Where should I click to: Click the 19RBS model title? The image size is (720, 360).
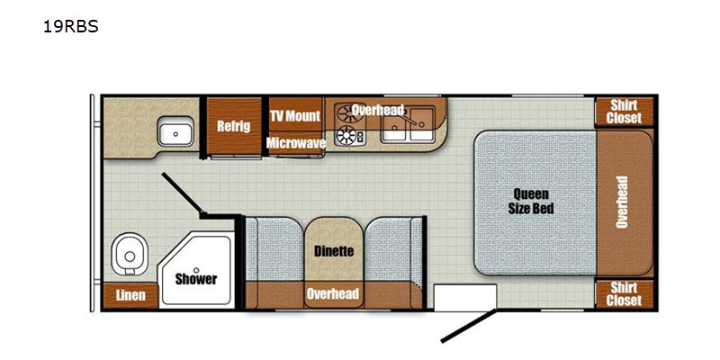pyautogui.click(x=71, y=27)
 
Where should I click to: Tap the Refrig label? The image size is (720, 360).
pyautogui.click(x=234, y=126)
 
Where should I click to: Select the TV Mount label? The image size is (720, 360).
pyautogui.click(x=295, y=116)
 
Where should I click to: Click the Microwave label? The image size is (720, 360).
pyautogui.click(x=296, y=143)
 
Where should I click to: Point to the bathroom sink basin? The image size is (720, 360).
pyautogui.click(x=175, y=131)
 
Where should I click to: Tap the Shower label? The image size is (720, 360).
pyautogui.click(x=196, y=279)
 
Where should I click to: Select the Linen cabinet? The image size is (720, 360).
pyautogui.click(x=130, y=296)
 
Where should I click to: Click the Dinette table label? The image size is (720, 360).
pyautogui.click(x=334, y=251)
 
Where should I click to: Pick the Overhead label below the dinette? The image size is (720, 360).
pyautogui.click(x=333, y=293)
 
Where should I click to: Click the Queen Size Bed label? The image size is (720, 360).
pyautogui.click(x=531, y=202)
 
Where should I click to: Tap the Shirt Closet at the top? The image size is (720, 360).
pyautogui.click(x=624, y=112)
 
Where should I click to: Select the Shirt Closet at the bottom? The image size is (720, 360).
pyautogui.click(x=624, y=294)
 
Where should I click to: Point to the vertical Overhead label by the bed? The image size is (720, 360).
pyautogui.click(x=622, y=202)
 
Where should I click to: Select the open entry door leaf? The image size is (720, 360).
pyautogui.click(x=469, y=326)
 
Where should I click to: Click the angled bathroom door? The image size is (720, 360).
pyautogui.click(x=183, y=193)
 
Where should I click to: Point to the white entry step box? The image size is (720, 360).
pyautogui.click(x=465, y=298)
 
